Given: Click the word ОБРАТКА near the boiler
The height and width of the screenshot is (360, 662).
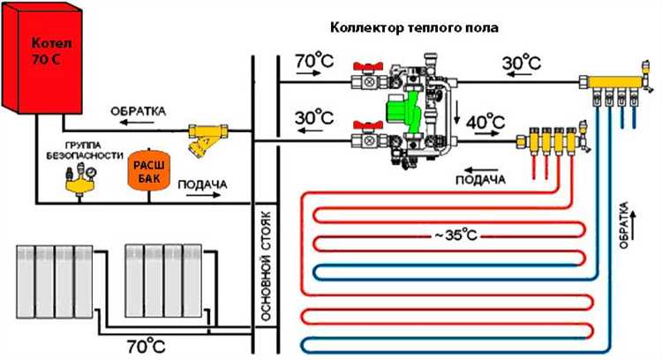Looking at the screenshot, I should coord(137,112).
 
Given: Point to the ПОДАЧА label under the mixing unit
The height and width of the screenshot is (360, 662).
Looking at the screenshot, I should coord(479,179).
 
